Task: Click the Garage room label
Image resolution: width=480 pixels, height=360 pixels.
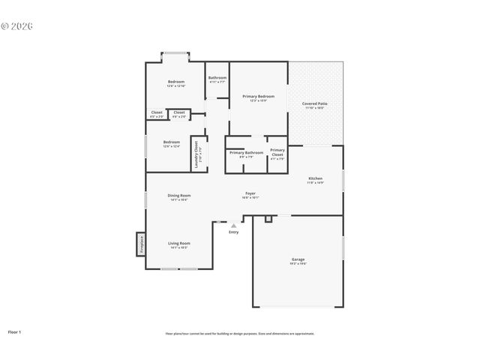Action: (x=298, y=259)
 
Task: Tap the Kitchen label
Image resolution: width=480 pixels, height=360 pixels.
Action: (x=315, y=178)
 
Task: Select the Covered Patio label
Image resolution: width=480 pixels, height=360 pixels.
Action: (x=314, y=103)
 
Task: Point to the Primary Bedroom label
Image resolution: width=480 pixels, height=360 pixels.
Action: (x=258, y=96)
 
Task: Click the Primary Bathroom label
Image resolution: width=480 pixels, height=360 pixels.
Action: (x=246, y=152)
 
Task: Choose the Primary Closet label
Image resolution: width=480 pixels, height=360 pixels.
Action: (x=277, y=151)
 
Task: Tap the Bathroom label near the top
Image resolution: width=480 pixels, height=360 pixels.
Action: (x=217, y=78)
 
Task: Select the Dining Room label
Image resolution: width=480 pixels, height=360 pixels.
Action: (x=179, y=196)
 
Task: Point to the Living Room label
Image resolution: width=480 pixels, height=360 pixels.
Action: (x=178, y=243)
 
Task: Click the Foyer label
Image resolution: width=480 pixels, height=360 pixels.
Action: (x=250, y=193)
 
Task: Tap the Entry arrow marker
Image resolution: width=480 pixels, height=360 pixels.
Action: (x=234, y=225)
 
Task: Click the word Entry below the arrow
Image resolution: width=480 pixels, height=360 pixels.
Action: (x=234, y=232)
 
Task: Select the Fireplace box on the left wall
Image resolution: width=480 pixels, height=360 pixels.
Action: (x=140, y=244)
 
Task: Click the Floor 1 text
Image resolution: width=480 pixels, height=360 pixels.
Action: (x=14, y=331)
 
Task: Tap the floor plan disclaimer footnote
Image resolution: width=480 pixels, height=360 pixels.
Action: (x=240, y=333)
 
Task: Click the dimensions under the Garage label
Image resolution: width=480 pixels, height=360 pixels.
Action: (x=298, y=264)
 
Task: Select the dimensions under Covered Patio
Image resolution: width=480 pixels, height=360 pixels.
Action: (x=314, y=108)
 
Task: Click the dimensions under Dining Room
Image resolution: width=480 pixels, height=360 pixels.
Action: (x=179, y=200)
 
